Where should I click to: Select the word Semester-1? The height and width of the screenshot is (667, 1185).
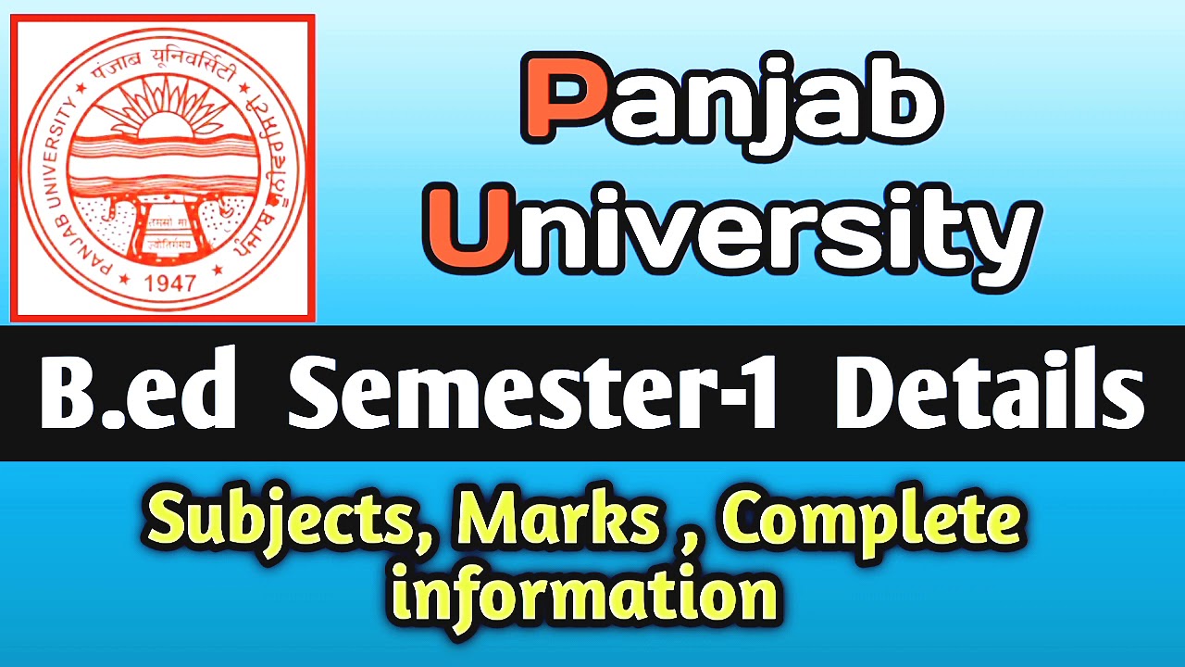[x=532, y=395]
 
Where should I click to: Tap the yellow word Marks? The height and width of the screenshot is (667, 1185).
[x=555, y=522]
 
